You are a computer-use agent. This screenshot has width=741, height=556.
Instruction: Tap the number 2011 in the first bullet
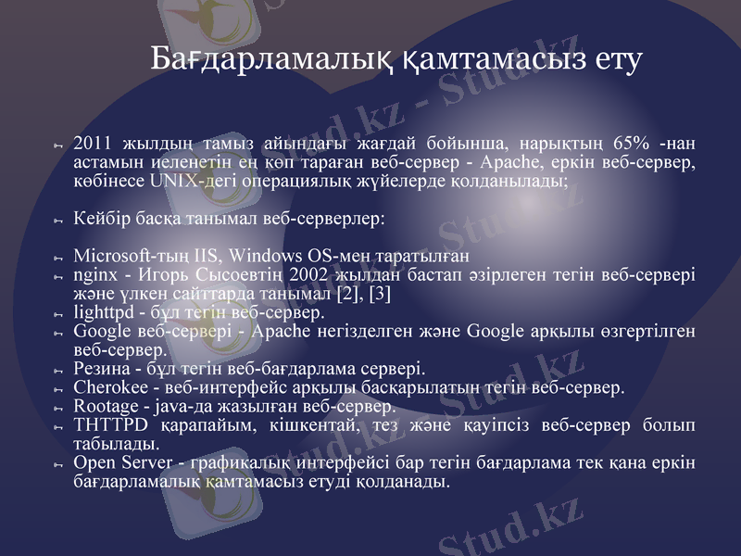(x=92, y=144)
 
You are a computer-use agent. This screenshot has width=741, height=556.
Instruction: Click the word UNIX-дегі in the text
(x=183, y=181)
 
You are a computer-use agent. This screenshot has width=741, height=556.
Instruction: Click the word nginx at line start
(x=94, y=274)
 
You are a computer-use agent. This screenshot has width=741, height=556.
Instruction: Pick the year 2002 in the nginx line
(x=308, y=274)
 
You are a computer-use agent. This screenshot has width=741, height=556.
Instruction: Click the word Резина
(x=99, y=369)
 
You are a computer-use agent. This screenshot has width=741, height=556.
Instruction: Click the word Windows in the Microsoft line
(x=267, y=255)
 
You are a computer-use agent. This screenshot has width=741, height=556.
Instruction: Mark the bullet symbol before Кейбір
(x=57, y=221)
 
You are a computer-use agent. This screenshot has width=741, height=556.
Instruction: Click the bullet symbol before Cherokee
(x=57, y=389)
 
